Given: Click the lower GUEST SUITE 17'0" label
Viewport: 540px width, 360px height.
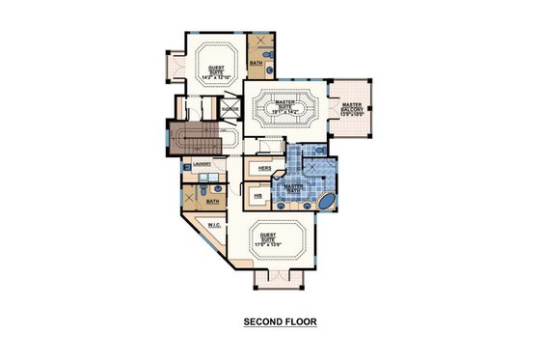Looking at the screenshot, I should (279, 240).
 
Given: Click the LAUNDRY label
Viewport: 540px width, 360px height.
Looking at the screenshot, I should (202, 165).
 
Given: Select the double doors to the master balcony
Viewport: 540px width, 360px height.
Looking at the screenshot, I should (328, 111).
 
